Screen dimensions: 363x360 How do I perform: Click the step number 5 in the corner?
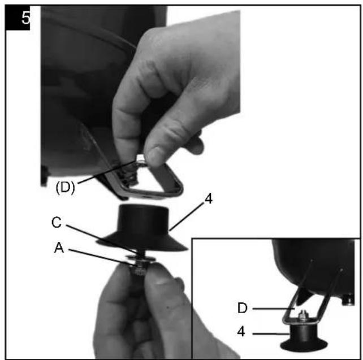[25, 18]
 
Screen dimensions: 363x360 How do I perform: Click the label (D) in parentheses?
[65, 187]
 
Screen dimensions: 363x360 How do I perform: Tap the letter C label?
[57, 223]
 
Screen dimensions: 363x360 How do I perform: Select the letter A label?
[59, 248]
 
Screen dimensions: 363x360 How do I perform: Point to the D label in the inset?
[243, 309]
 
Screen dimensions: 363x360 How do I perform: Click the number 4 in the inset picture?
[241, 332]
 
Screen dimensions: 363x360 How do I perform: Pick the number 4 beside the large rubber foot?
[209, 198]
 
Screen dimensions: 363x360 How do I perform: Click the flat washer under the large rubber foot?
[140, 258]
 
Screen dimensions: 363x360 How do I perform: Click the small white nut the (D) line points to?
[140, 159]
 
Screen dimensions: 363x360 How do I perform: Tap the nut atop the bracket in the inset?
[302, 315]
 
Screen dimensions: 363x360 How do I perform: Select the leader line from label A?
[101, 257]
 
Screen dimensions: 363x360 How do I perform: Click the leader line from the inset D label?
[273, 309]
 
